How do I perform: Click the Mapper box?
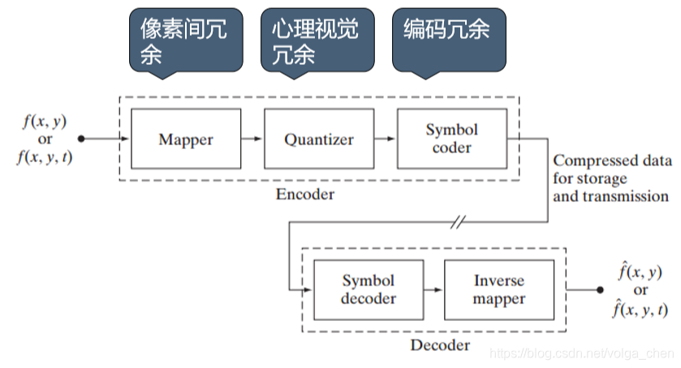tap(186, 139)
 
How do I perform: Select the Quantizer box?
tap(319, 139)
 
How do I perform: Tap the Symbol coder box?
tap(451, 139)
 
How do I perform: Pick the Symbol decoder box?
tap(368, 289)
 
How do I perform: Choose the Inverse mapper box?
tap(499, 289)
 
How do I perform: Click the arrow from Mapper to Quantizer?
tap(252, 139)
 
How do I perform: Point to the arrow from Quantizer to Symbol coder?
tap(386, 139)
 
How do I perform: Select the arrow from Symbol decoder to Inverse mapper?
tap(433, 289)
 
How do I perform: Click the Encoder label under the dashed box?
tap(304, 195)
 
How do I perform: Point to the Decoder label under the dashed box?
tap(439, 345)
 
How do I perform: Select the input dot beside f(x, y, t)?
tap(81, 139)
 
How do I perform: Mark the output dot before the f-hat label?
tap(600, 289)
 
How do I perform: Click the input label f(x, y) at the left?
tap(45, 121)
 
